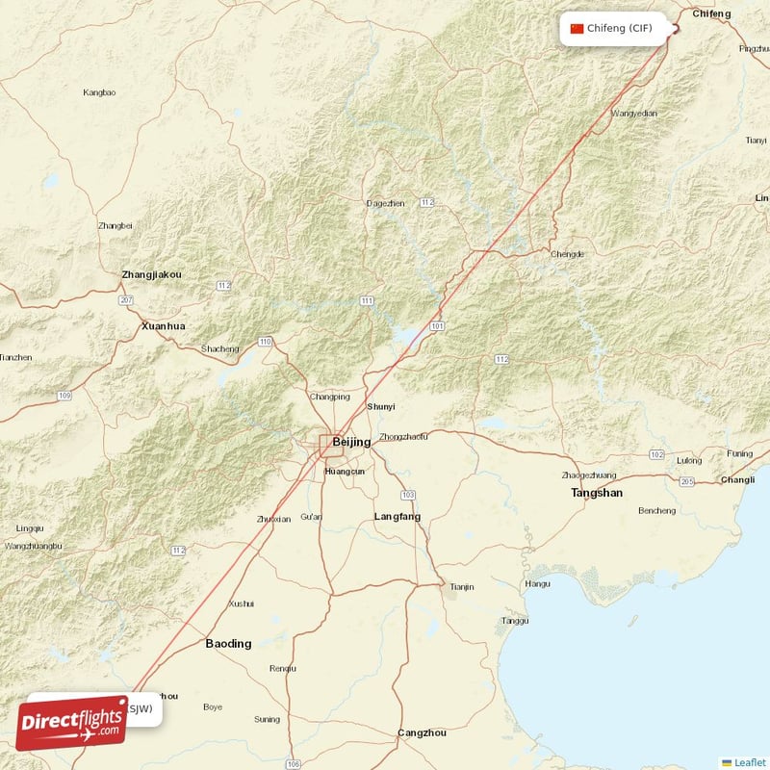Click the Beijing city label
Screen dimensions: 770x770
(x=351, y=442)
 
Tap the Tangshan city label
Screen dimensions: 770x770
(x=597, y=493)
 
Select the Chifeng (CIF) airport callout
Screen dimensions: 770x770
(x=617, y=28)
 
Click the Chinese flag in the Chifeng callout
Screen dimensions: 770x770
(x=577, y=28)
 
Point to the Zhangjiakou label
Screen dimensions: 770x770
(x=151, y=275)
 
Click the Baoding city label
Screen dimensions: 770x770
(x=229, y=643)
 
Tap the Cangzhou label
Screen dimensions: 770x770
(x=423, y=733)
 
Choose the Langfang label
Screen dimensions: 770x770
(x=398, y=517)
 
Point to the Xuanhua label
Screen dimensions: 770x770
(x=163, y=326)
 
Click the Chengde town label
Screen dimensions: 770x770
(x=567, y=254)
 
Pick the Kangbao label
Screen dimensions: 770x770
(x=99, y=92)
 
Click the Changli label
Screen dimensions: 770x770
(x=737, y=479)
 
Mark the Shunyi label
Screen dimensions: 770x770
(x=381, y=407)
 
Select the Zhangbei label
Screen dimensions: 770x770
(x=115, y=226)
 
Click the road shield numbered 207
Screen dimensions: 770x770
(x=126, y=301)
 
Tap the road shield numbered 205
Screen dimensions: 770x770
(x=687, y=481)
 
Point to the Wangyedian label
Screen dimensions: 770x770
(x=634, y=114)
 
